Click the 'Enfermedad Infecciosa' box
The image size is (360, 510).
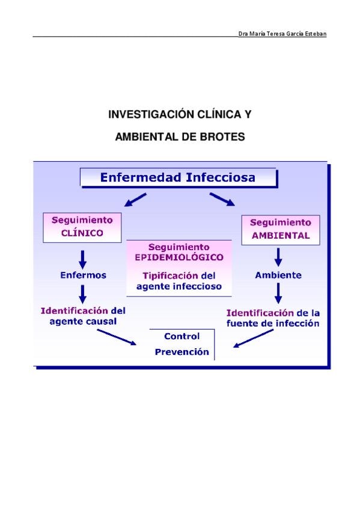coord(178,177)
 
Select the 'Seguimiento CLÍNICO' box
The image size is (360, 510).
coord(82,227)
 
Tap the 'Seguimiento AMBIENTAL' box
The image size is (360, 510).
coord(281,230)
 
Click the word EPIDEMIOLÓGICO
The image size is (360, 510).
coord(179,257)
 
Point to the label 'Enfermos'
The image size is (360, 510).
coord(83,275)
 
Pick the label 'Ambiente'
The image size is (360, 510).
coord(278,275)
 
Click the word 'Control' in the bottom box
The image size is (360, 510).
coord(182,336)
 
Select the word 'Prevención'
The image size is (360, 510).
coord(182,352)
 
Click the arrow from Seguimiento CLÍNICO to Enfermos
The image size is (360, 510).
coord(83,260)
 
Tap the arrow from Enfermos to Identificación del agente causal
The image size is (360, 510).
coord(83,294)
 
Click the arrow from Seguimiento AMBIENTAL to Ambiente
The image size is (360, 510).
coord(278,257)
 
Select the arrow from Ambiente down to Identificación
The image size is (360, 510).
coord(278,293)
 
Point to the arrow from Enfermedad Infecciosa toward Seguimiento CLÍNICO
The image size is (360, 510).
coord(135,200)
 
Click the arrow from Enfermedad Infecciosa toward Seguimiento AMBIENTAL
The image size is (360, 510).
coord(222,200)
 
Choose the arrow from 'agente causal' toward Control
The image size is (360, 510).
coord(117,337)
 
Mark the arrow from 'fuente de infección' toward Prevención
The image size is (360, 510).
coord(254,339)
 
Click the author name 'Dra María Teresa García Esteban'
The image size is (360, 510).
coord(282,34)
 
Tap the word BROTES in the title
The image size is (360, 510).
coord(222,137)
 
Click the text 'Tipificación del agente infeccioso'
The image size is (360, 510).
coord(179,281)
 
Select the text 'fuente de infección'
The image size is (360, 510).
coord(273,324)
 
